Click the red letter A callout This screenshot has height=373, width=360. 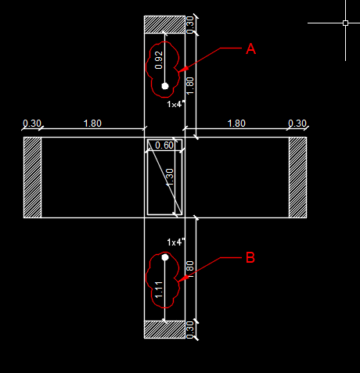(251, 48)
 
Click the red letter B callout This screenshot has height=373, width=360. (250, 256)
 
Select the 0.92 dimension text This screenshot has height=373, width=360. (158, 59)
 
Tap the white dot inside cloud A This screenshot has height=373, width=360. (164, 85)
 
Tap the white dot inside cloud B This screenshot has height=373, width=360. (165, 256)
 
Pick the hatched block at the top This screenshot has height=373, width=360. (164, 24)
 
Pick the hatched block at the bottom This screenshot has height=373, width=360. (164, 329)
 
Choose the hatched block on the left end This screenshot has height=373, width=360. (32, 178)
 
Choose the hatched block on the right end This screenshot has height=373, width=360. (297, 178)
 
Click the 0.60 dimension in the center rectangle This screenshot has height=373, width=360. (164, 145)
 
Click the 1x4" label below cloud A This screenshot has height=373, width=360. (175, 104)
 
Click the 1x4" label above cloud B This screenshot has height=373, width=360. (175, 242)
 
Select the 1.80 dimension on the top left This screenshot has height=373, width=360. (92, 123)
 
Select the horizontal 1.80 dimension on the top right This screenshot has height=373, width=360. (236, 123)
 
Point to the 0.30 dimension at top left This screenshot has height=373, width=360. (32, 123)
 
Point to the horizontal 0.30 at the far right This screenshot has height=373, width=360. (297, 123)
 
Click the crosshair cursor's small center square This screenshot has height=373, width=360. (345, 23)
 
